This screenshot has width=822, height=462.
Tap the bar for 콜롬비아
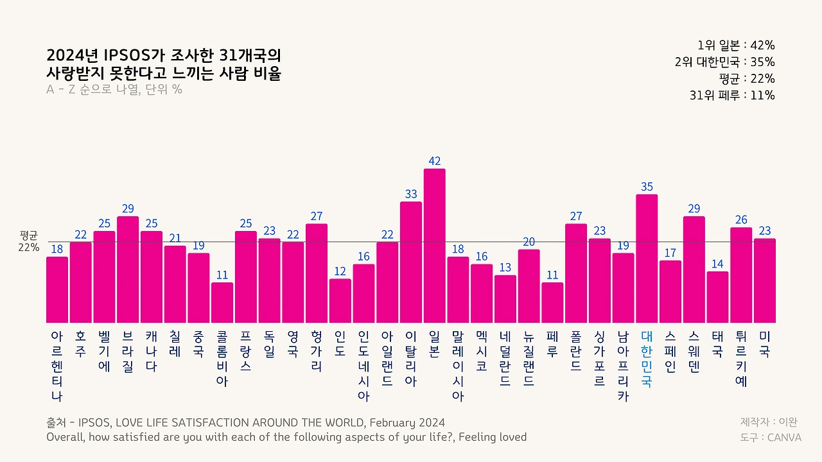pyautogui.click(x=222, y=302)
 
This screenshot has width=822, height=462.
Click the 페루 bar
pyautogui.click(x=552, y=302)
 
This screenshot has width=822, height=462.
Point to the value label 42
pyautogui.click(x=435, y=161)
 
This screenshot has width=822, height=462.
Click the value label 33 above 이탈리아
pyautogui.click(x=411, y=194)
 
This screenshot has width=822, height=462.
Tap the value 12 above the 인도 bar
pyautogui.click(x=340, y=271)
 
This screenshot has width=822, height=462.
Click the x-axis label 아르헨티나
pyautogui.click(x=57, y=366)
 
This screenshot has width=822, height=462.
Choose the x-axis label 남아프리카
pyautogui.click(x=623, y=366)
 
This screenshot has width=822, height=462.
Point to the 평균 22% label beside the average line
pyautogui.click(x=29, y=242)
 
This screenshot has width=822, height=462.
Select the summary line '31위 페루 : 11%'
pyautogui.click(x=732, y=96)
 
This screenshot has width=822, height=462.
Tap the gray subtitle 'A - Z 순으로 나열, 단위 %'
pyautogui.click(x=114, y=90)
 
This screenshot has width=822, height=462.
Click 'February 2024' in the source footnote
pyautogui.click(x=407, y=423)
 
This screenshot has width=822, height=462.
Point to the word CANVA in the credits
pyautogui.click(x=784, y=438)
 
